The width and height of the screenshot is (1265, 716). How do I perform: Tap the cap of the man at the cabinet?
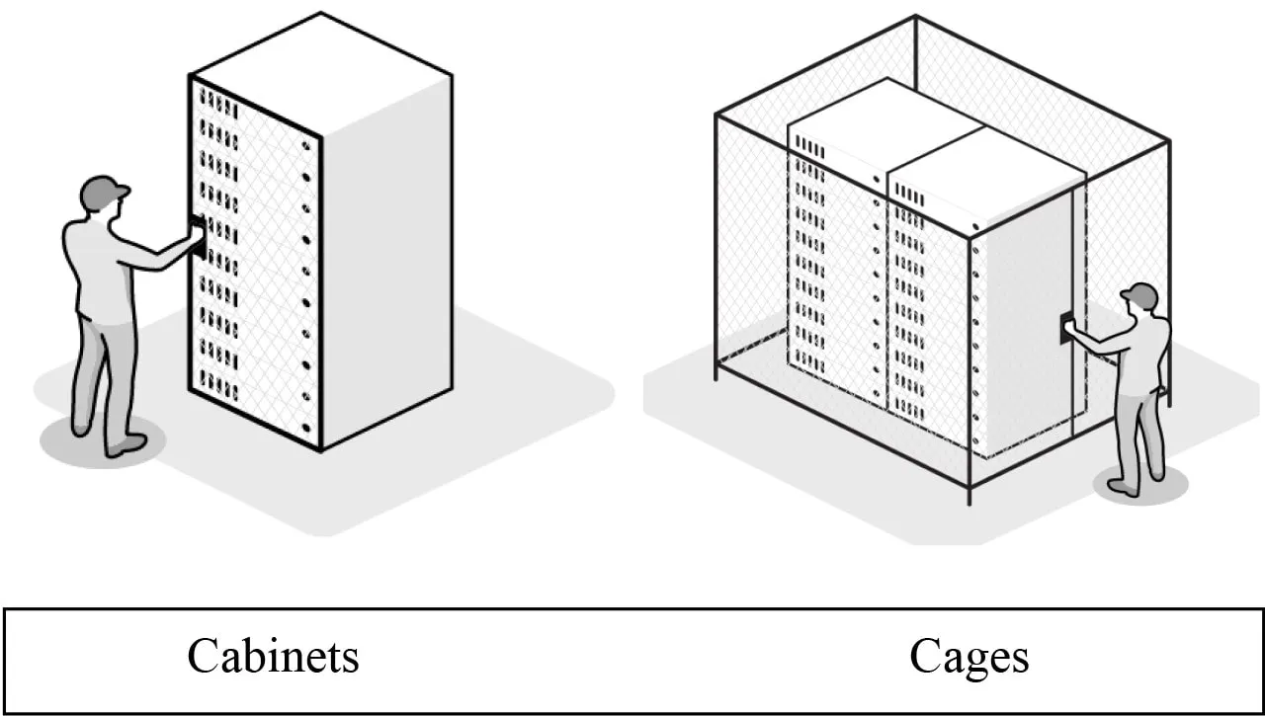pyautogui.click(x=103, y=190)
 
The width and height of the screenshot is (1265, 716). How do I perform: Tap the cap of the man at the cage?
pyautogui.click(x=1139, y=294)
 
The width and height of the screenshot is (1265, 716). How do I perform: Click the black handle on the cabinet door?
pyautogui.click(x=199, y=237)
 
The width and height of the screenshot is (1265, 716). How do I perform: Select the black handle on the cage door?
pyautogui.click(x=1066, y=327)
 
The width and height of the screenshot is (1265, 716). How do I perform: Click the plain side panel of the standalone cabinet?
pyautogui.click(x=386, y=267)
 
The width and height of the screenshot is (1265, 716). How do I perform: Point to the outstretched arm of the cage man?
pyautogui.click(x=1098, y=341)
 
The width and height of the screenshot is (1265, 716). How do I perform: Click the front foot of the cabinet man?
pyautogui.click(x=126, y=444)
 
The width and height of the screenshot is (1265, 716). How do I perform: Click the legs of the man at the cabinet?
pyautogui.click(x=104, y=375)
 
